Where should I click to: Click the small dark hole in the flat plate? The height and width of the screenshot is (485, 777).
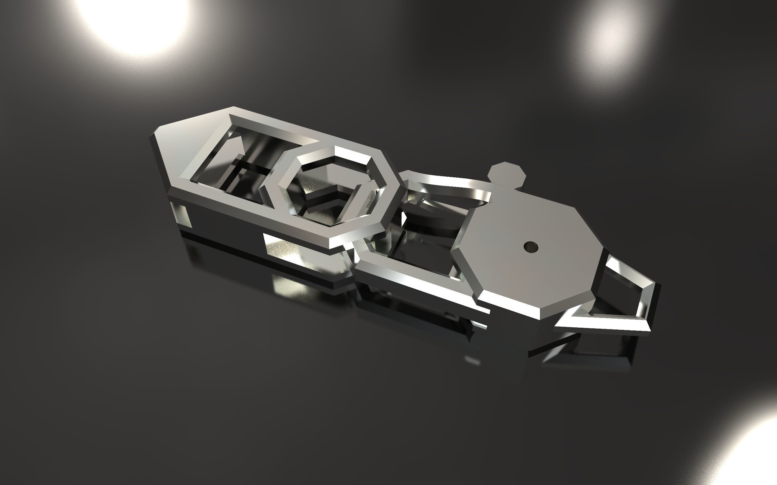[x=531, y=246]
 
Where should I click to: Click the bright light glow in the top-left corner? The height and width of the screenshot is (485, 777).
[x=135, y=19]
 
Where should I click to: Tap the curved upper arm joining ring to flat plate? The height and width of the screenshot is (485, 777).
[x=450, y=186]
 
